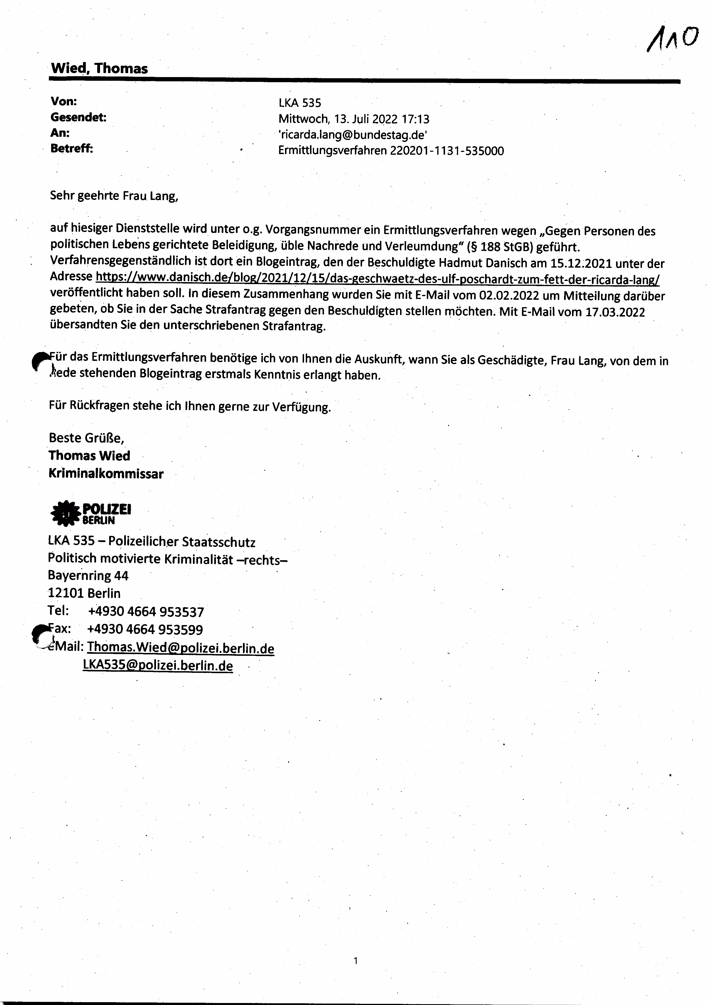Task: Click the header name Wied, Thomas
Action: click(x=99, y=68)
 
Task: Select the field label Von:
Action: click(x=64, y=102)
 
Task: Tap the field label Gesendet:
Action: click(x=79, y=117)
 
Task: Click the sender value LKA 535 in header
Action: click(x=300, y=103)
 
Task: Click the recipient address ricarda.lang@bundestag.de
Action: click(x=353, y=135)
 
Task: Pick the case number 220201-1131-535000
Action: click(x=447, y=151)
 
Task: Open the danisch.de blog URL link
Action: click(x=377, y=278)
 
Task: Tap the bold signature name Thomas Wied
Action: click(x=89, y=456)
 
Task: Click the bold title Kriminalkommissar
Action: click(x=106, y=473)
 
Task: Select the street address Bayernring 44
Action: click(x=88, y=576)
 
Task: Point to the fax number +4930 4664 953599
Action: click(x=145, y=629)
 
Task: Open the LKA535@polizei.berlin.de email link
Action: click(x=158, y=665)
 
